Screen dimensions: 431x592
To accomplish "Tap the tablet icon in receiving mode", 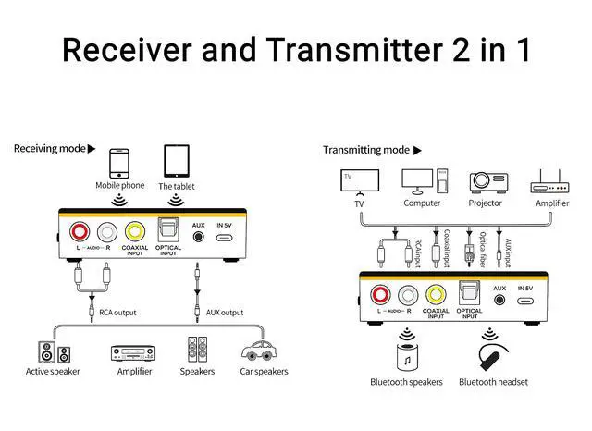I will click(x=178, y=161).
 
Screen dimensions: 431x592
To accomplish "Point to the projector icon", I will click(x=485, y=180).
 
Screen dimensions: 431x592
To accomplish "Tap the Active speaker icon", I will click(x=53, y=351).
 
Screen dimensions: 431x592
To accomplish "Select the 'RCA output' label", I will click(x=117, y=313).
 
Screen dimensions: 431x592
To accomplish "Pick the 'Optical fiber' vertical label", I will click(x=484, y=248).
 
